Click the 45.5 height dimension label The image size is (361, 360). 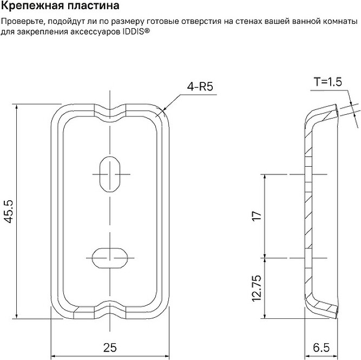(x=9, y=212)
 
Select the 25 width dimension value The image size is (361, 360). (x=110, y=348)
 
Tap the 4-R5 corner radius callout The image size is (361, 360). (x=200, y=87)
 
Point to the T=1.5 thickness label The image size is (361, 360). (x=328, y=82)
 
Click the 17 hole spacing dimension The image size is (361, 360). (x=257, y=216)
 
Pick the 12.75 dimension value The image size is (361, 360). (x=257, y=288)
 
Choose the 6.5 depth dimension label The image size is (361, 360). (x=321, y=348)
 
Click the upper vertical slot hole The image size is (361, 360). (x=110, y=174)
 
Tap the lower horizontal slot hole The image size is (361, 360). (x=110, y=258)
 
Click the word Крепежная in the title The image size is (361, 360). (x=32, y=6)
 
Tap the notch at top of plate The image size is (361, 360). (x=110, y=109)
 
